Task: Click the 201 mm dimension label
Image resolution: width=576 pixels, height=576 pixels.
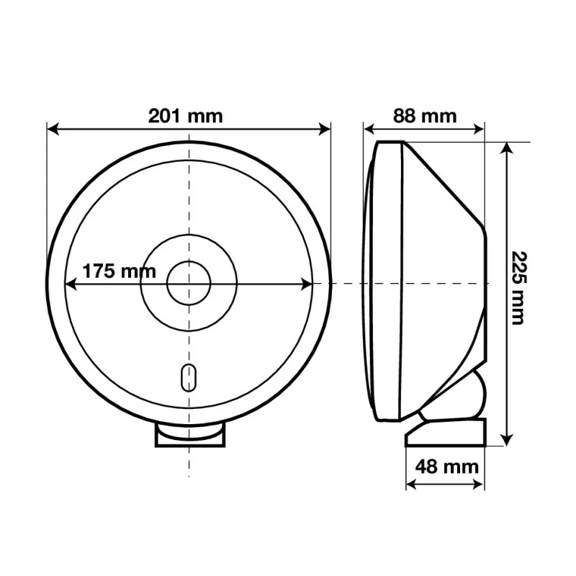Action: [x=186, y=115]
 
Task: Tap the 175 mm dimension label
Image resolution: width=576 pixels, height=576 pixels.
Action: [x=119, y=271]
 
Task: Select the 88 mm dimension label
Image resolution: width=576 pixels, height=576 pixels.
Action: [x=425, y=115]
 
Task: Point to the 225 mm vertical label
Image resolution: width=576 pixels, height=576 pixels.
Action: [x=517, y=288]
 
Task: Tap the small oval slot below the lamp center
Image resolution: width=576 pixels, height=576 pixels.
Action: [x=189, y=378]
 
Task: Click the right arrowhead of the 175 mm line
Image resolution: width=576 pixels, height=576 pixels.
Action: [x=308, y=284]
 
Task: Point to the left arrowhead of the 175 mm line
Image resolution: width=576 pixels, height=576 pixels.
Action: [x=70, y=284]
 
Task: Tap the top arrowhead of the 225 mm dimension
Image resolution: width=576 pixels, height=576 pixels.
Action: [x=507, y=147]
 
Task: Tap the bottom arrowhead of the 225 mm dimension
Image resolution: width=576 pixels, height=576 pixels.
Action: [x=507, y=441]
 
